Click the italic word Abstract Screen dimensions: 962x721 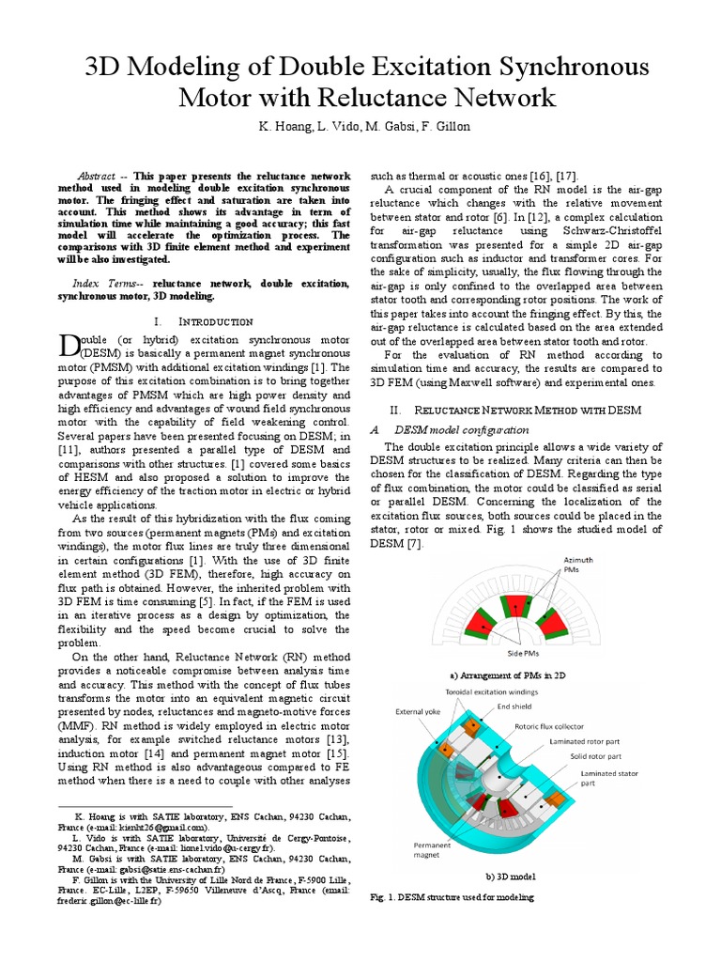[95, 176]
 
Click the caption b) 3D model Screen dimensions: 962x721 [509, 877]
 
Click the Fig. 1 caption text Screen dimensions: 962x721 [453, 898]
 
